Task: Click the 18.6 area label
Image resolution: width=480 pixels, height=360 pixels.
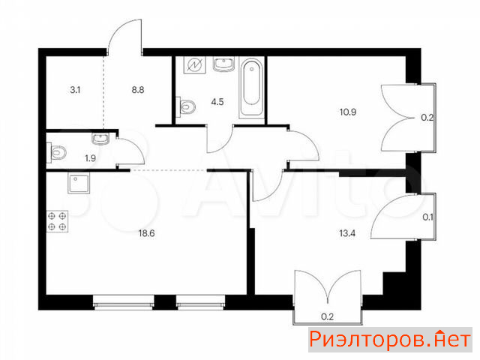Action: pos(147,233)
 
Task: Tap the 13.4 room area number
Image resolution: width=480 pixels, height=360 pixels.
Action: pos(347,233)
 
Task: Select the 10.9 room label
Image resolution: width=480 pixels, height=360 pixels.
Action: pos(348,112)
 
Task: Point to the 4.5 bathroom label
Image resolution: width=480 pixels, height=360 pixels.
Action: pos(217,102)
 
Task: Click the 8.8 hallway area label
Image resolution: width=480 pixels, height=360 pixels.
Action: pos(138,90)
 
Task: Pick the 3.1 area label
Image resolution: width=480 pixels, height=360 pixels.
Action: pos(75,90)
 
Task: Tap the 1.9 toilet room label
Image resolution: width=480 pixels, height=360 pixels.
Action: pos(90,158)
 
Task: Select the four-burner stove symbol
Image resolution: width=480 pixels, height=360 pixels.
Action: pos(57,221)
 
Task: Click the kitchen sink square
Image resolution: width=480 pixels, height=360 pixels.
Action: pos(79,184)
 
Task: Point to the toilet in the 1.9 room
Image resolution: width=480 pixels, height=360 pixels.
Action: pos(57,152)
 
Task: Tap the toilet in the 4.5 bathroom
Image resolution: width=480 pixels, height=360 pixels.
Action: pos(186,106)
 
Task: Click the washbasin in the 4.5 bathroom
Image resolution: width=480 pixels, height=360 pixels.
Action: pos(223,64)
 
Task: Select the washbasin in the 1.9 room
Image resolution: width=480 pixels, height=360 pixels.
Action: pos(100,138)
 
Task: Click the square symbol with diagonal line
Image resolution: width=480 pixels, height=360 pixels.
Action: pos(194,65)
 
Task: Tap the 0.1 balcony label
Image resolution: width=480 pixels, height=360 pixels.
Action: pos(427,217)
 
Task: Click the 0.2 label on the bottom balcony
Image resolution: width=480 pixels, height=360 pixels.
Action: pos(327,316)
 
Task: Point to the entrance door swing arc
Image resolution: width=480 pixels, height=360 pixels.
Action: pos(120,28)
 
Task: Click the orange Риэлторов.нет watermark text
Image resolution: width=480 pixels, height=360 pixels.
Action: pos(390,340)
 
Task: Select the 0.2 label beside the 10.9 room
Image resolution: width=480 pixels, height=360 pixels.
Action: pos(427,118)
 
